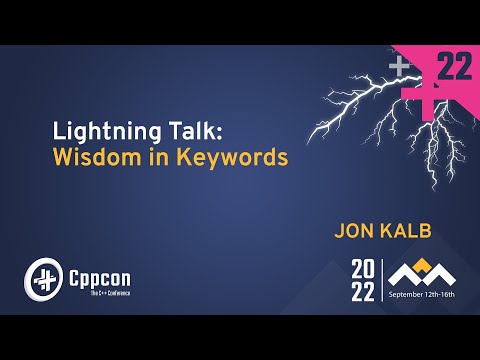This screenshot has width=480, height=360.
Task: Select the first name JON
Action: point(356,231)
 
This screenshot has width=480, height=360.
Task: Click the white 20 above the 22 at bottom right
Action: point(365,268)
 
